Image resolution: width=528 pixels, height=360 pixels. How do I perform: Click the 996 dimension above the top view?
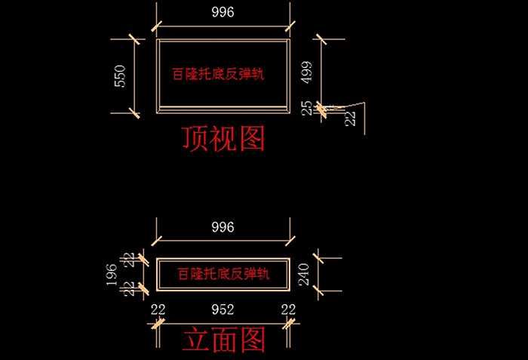click(x=223, y=11)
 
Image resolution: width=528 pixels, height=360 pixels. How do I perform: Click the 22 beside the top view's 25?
click(x=350, y=118)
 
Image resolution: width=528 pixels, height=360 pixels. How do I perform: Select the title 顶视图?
click(x=223, y=139)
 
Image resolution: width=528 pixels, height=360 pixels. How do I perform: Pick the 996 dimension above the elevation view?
click(x=223, y=226)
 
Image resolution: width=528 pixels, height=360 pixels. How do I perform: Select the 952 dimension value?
click(x=223, y=309)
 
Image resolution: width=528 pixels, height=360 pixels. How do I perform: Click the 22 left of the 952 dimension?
click(x=158, y=309)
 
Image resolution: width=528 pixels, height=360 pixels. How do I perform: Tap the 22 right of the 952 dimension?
click(x=288, y=309)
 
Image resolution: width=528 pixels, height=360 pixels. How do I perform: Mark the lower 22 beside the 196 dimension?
click(x=130, y=288)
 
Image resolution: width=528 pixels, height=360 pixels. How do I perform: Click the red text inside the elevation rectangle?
click(x=223, y=273)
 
